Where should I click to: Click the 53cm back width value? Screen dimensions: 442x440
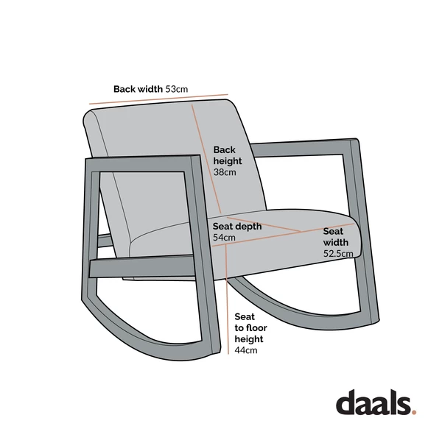tap(177, 89)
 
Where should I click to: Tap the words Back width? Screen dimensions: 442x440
tap(138, 89)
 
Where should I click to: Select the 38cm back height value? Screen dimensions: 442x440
tap(225, 172)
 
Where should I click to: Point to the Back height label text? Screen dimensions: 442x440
tap(228, 155)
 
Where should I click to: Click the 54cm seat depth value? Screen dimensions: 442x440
tap(224, 238)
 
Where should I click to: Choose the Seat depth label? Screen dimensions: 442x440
tap(237, 227)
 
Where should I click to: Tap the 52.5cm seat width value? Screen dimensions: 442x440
tap(338, 254)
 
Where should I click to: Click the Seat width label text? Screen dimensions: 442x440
tap(336, 237)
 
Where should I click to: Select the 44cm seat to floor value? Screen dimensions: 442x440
tap(246, 350)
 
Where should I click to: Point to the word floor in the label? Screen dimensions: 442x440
tap(256, 328)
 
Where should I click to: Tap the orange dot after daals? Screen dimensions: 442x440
tap(414, 412)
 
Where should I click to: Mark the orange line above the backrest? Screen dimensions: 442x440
tap(158, 99)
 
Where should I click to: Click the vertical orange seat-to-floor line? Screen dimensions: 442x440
tap(227, 299)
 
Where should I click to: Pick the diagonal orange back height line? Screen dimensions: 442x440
tap(206, 159)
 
